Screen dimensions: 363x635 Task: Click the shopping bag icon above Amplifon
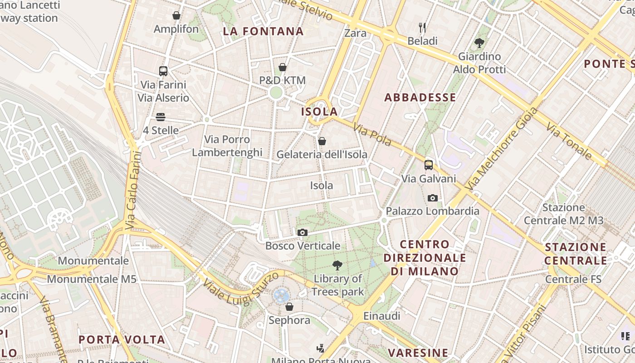click(176, 16)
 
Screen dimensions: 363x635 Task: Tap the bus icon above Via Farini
click(163, 71)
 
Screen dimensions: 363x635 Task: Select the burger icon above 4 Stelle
click(161, 117)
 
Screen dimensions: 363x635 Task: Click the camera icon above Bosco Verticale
click(302, 233)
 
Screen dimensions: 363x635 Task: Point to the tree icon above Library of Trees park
click(337, 265)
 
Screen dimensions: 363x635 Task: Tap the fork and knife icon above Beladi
click(422, 28)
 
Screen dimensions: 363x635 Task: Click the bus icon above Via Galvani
click(429, 165)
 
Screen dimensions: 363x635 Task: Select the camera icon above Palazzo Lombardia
click(433, 198)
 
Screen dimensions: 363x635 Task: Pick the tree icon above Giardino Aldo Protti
click(479, 44)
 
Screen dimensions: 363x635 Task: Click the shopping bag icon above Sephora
click(289, 307)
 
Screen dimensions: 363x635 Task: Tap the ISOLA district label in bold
click(319, 112)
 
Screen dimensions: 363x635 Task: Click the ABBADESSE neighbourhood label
click(420, 98)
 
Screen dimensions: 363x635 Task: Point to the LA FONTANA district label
click(263, 31)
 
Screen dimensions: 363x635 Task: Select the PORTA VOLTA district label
click(122, 340)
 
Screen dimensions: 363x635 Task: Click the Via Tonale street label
click(569, 142)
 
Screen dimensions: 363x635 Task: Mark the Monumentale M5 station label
click(92, 279)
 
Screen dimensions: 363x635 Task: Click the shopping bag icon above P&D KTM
click(283, 68)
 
